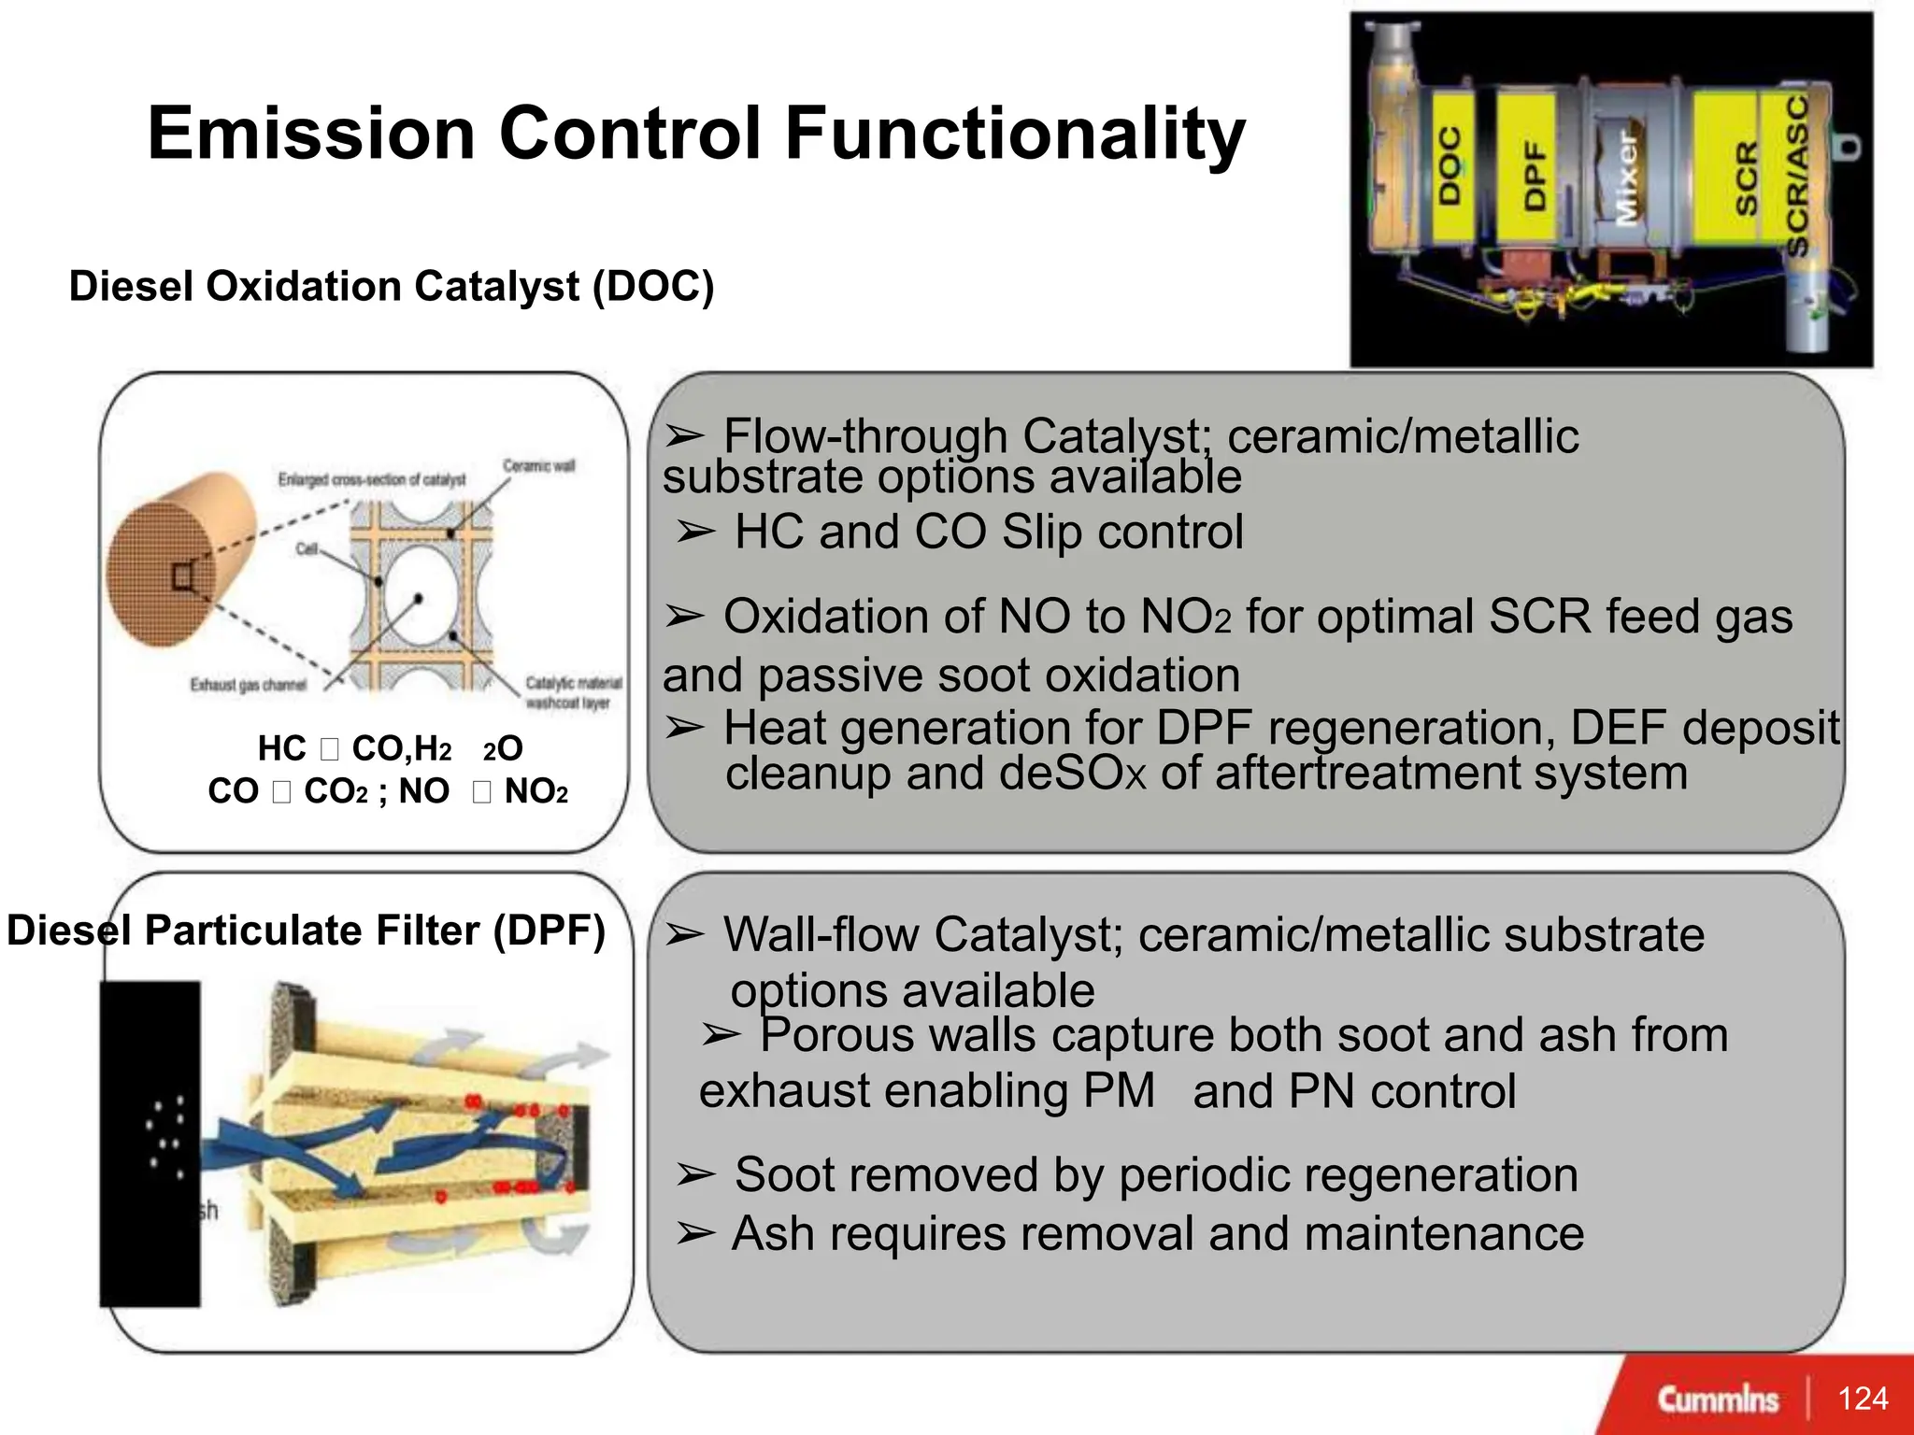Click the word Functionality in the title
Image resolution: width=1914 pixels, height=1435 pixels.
(x=1014, y=134)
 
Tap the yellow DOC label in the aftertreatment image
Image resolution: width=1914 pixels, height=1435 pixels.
(x=1450, y=166)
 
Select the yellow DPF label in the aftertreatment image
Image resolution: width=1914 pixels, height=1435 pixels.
(x=1534, y=175)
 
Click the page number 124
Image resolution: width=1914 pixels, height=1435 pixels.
(x=1862, y=1398)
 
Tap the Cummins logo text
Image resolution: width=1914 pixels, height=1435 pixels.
(x=1718, y=1399)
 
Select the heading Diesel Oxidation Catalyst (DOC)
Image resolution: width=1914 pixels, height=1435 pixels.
(x=392, y=286)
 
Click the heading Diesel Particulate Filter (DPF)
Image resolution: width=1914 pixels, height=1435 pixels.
(x=307, y=931)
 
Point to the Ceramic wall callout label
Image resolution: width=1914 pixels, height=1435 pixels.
(x=538, y=465)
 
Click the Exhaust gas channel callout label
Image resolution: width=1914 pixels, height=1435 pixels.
(x=249, y=685)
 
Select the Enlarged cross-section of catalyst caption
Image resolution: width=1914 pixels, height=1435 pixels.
(x=371, y=479)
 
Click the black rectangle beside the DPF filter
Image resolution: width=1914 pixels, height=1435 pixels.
(x=150, y=1144)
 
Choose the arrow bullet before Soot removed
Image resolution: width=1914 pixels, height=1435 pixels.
(x=695, y=1174)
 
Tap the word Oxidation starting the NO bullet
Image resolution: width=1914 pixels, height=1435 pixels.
(x=853, y=617)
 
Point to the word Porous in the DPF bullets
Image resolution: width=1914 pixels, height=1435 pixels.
(x=837, y=1035)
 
